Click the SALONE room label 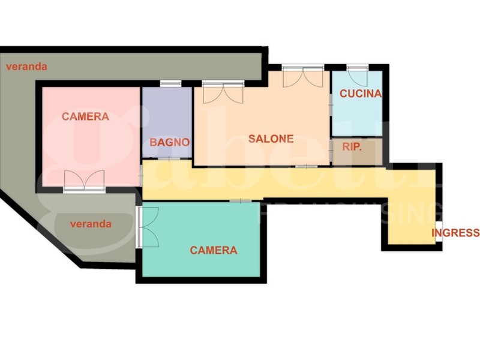(x=271, y=139)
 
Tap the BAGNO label (x=170, y=142)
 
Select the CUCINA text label (x=360, y=94)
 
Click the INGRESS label (x=455, y=233)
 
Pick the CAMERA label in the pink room (x=85, y=116)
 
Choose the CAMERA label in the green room (x=214, y=250)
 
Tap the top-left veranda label (x=26, y=67)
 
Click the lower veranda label (x=91, y=224)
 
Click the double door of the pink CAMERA (x=85, y=181)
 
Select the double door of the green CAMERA (x=147, y=227)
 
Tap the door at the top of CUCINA (x=358, y=76)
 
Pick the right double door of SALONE (x=303, y=77)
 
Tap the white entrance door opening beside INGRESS (x=439, y=231)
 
